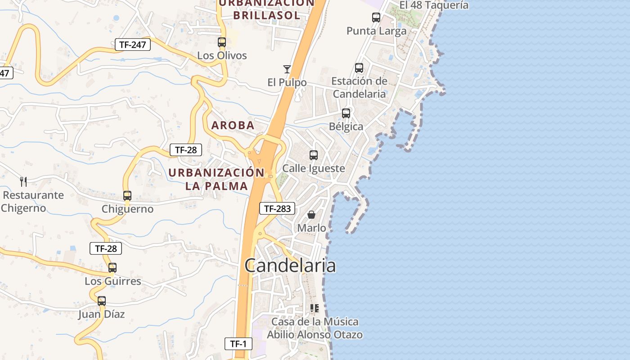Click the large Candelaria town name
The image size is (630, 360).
coord(290,265)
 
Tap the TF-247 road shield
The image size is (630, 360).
coord(133,45)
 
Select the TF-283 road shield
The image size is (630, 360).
coord(278,208)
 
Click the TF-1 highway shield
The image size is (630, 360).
coord(238,344)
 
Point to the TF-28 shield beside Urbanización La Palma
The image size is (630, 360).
coord(186,150)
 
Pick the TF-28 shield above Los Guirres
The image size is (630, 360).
coord(106,248)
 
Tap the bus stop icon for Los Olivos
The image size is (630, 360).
coord(222,42)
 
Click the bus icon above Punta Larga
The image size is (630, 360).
coord(376,18)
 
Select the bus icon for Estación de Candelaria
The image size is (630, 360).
coord(359,68)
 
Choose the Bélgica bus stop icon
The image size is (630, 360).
coord(346,113)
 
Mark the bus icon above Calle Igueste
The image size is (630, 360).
coord(314,155)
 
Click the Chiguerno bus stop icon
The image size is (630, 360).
coord(127,196)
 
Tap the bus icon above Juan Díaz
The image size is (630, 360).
coord(102,301)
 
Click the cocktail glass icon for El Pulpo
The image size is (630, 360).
coord(287,69)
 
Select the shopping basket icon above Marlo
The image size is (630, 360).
coord(311,215)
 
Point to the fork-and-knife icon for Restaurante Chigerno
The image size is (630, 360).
coord(23,182)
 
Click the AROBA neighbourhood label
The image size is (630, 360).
coord(233,126)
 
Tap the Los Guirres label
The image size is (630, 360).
coord(113,281)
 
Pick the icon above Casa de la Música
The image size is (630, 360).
coord(315,308)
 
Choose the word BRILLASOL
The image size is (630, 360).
coord(267,15)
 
